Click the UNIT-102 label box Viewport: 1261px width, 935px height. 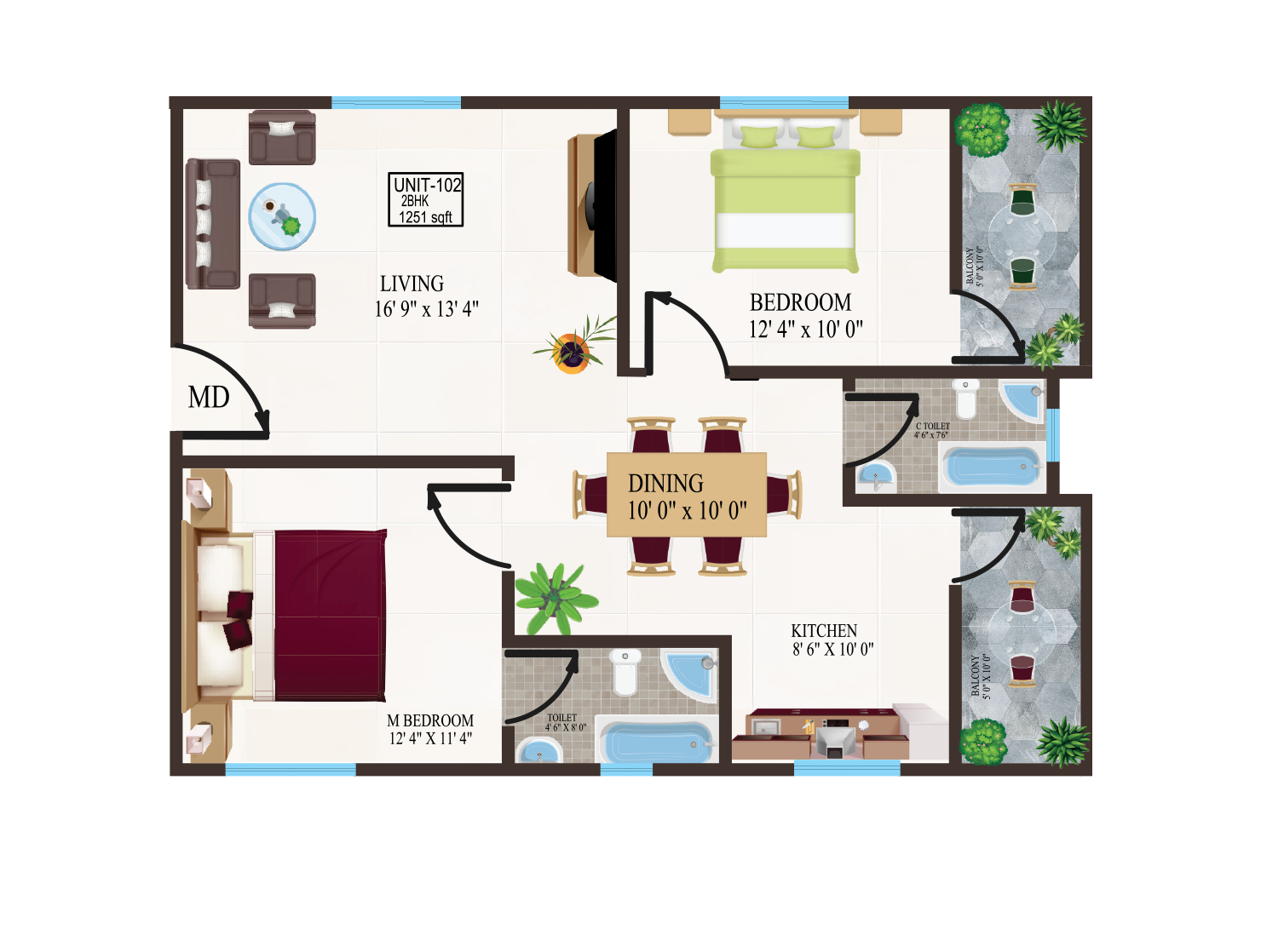coord(426,199)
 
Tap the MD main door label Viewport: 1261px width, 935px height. coord(209,397)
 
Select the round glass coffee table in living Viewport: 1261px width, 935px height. coord(282,216)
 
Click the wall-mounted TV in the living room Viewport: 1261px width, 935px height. coord(602,204)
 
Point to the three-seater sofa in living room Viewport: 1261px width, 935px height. coord(212,223)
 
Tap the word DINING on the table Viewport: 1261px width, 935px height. coord(665,484)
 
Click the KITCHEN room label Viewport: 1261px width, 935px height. coord(824,631)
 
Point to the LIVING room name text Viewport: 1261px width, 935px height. coord(412,284)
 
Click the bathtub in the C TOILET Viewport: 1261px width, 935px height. coord(992,468)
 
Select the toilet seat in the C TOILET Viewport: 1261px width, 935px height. coord(965,399)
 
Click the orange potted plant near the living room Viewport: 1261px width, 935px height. coord(572,349)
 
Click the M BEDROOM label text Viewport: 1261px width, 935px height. coord(430,720)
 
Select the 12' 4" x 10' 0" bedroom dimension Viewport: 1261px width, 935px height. coord(805,329)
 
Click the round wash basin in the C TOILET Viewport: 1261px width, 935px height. coord(875,477)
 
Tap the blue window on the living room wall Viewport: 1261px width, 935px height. coord(395,103)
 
